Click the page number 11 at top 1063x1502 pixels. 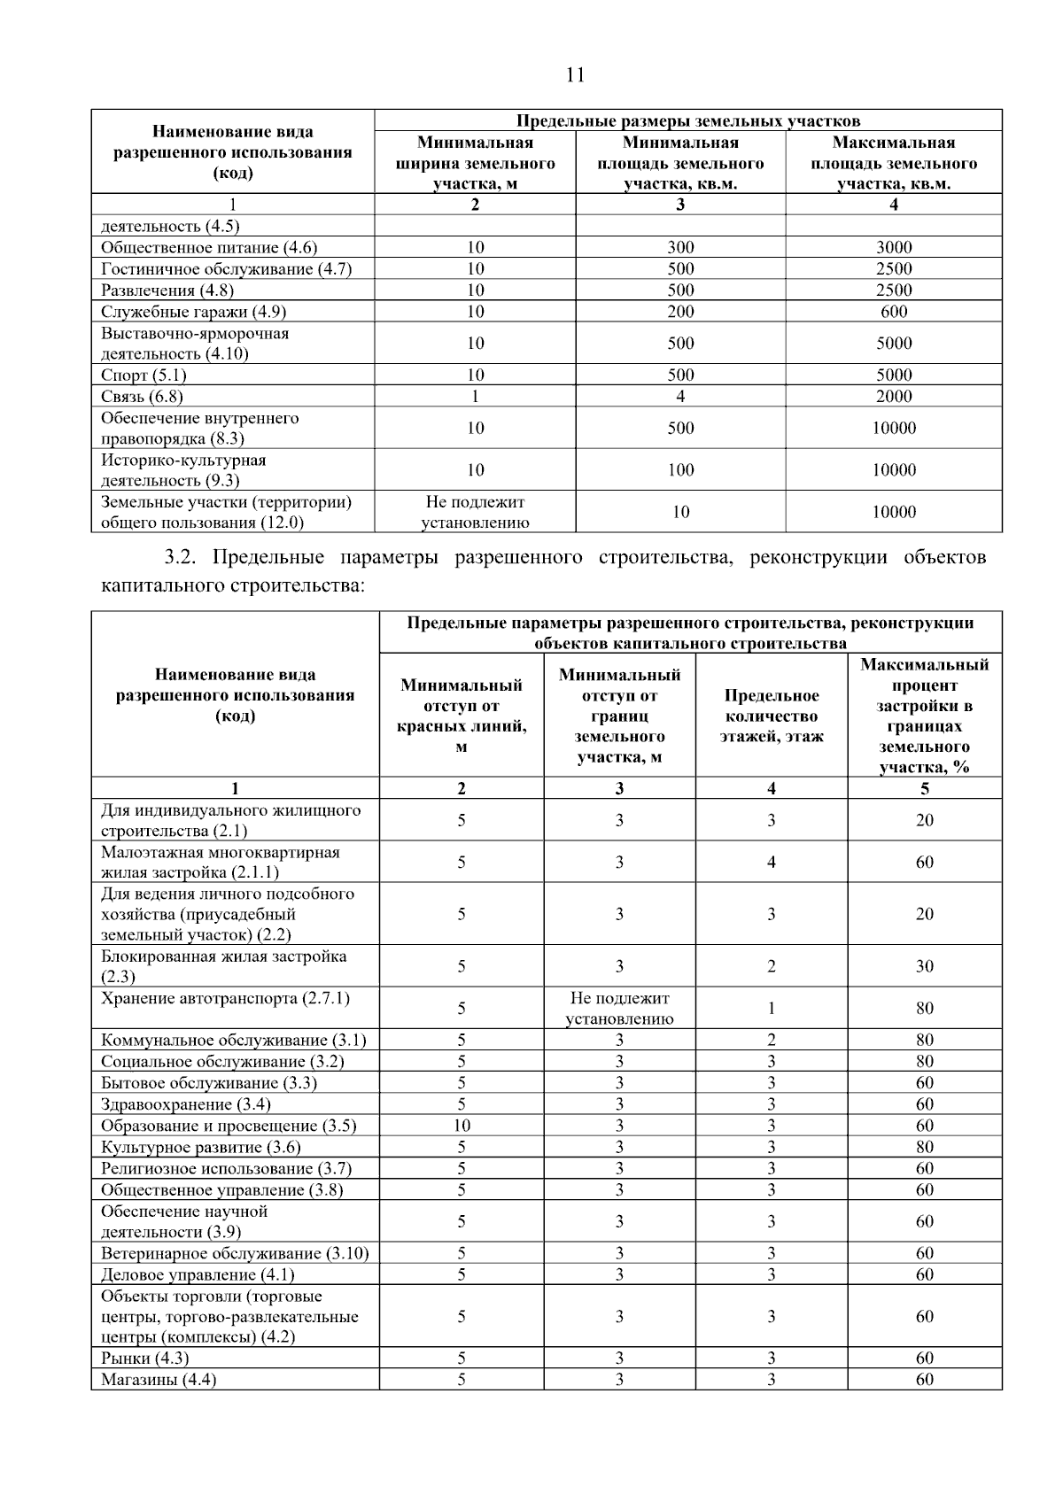(x=575, y=74)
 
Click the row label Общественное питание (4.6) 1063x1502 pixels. (x=209, y=248)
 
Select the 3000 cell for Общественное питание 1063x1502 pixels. (x=893, y=248)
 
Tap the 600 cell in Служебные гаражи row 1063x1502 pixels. (x=893, y=312)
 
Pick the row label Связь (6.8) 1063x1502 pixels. (x=142, y=397)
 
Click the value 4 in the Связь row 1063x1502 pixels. (x=679, y=397)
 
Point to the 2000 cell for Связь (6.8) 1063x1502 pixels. (x=893, y=397)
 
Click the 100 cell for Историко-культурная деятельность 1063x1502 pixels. (x=679, y=470)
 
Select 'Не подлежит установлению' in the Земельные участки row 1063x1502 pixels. (x=475, y=512)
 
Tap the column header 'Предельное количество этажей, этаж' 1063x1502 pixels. (x=771, y=716)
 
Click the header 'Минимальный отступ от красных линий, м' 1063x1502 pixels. (x=461, y=716)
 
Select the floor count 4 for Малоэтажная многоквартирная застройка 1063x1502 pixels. (x=771, y=862)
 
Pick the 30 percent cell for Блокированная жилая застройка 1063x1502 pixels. (x=924, y=966)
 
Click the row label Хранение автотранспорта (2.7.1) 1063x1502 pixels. (x=225, y=999)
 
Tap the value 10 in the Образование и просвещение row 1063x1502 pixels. (x=461, y=1126)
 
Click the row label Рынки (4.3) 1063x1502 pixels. (x=144, y=1358)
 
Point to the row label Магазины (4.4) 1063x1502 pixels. (x=159, y=1379)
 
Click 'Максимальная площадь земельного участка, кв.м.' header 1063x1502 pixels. (x=893, y=163)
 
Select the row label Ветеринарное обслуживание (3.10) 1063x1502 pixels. (x=235, y=1253)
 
